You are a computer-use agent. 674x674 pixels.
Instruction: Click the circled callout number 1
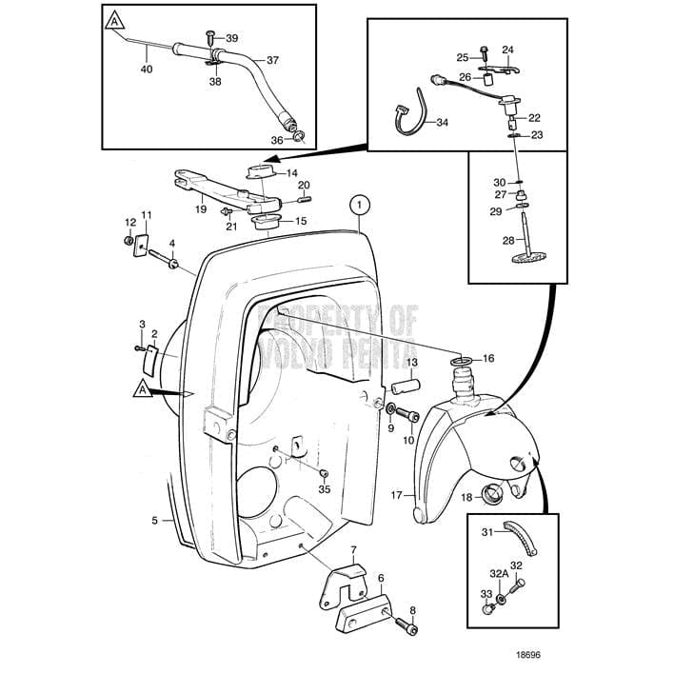[358, 203]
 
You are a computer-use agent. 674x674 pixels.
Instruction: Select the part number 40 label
[146, 69]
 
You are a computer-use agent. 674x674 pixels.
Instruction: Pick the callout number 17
[397, 495]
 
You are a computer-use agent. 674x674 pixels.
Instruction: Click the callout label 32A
[499, 574]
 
